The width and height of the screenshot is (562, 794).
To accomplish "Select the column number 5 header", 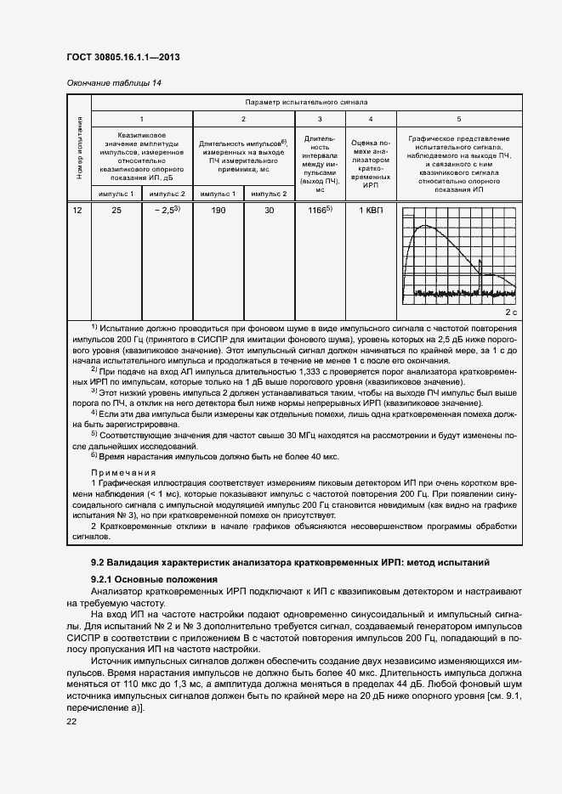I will (459, 119).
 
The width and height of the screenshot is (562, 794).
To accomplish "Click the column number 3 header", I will (320, 119).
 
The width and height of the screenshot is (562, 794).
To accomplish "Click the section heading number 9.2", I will (101, 563).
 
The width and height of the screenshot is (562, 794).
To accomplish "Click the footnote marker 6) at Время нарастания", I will (94, 456).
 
